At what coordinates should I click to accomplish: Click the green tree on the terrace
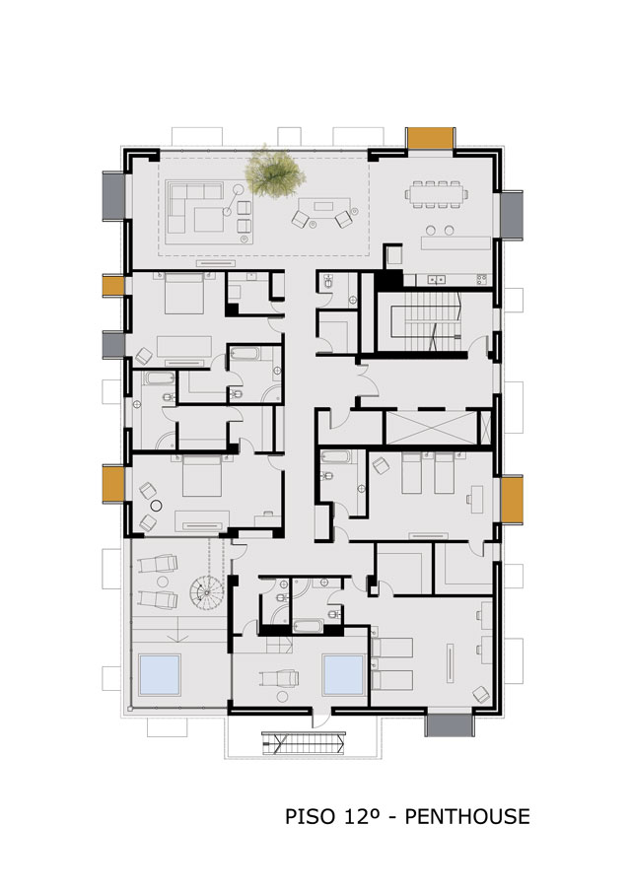274,173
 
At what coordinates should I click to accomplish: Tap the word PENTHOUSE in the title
467,817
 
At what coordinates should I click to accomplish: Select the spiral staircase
207,592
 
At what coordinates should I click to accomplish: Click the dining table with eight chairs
437,194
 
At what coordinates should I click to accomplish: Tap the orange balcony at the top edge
430,137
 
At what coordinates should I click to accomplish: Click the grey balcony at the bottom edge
450,724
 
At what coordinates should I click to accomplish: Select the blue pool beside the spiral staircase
160,674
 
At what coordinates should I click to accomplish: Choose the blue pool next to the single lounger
343,675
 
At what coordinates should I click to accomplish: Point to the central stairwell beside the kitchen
419,321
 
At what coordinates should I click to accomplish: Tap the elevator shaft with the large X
431,427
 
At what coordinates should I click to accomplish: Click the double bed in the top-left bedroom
183,293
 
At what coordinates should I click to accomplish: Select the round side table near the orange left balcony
156,505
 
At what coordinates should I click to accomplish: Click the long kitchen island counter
456,242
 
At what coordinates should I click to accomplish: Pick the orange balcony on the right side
512,499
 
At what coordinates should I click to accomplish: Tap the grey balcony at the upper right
512,215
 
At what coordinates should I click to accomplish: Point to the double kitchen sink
437,279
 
